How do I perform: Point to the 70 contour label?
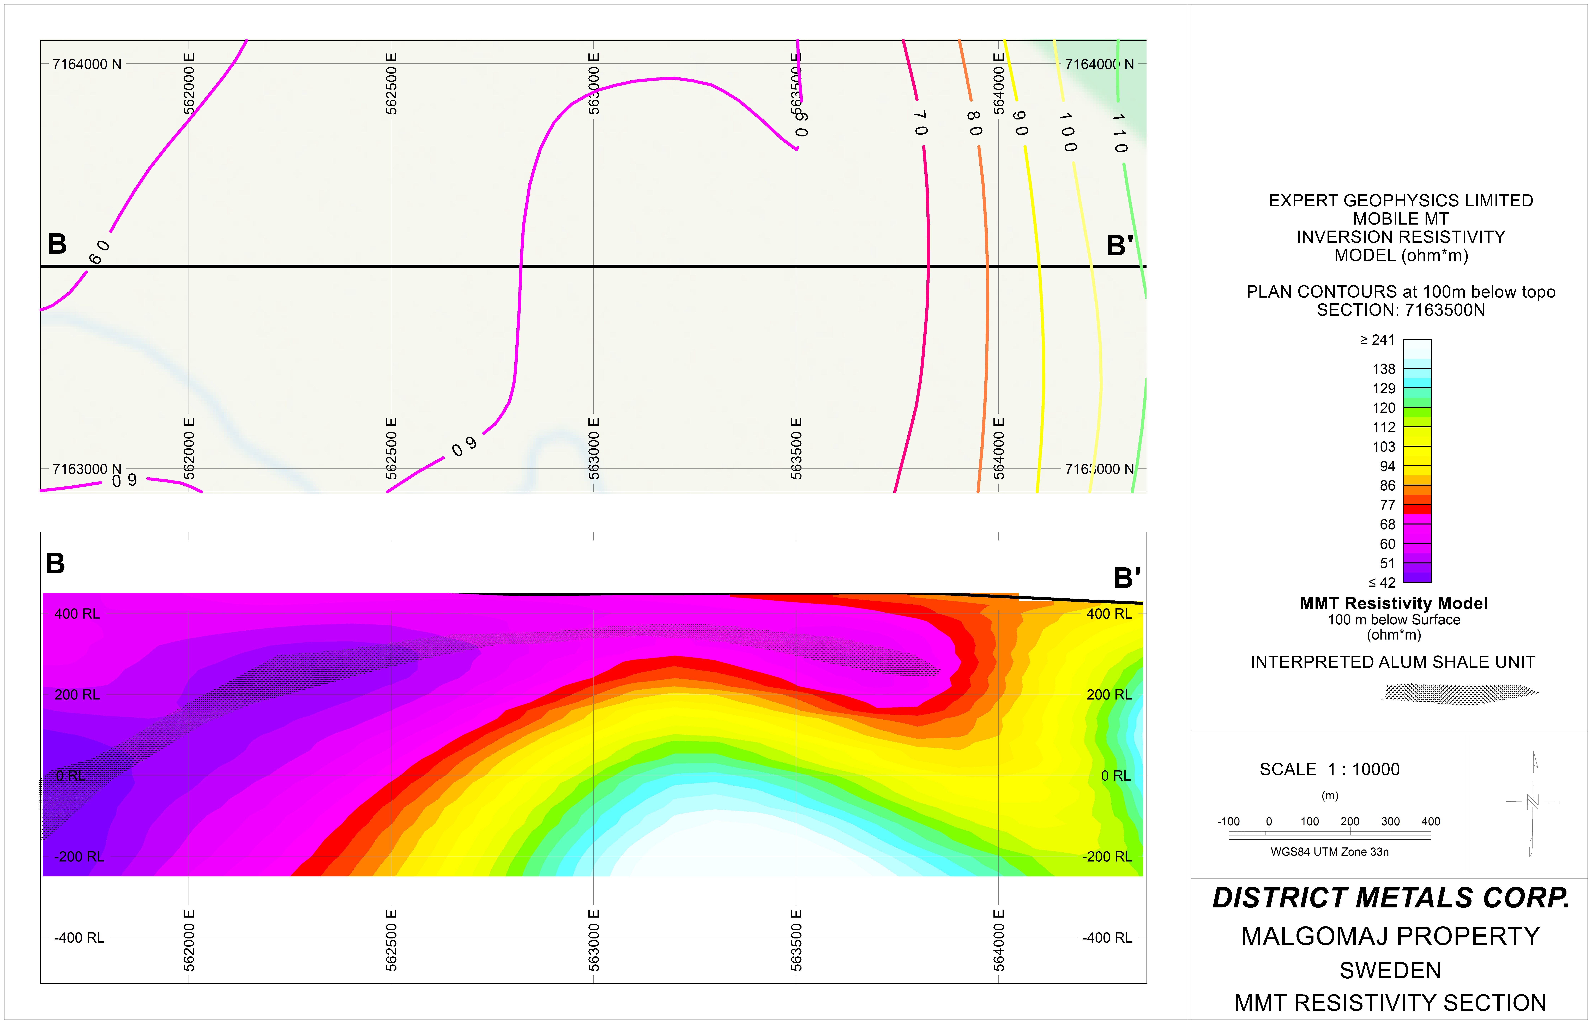[x=920, y=122]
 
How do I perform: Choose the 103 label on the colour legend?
[x=1384, y=447]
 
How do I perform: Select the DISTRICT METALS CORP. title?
[x=1391, y=898]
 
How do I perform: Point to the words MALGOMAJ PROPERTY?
[x=1391, y=936]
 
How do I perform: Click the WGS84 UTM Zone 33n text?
[x=1329, y=852]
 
